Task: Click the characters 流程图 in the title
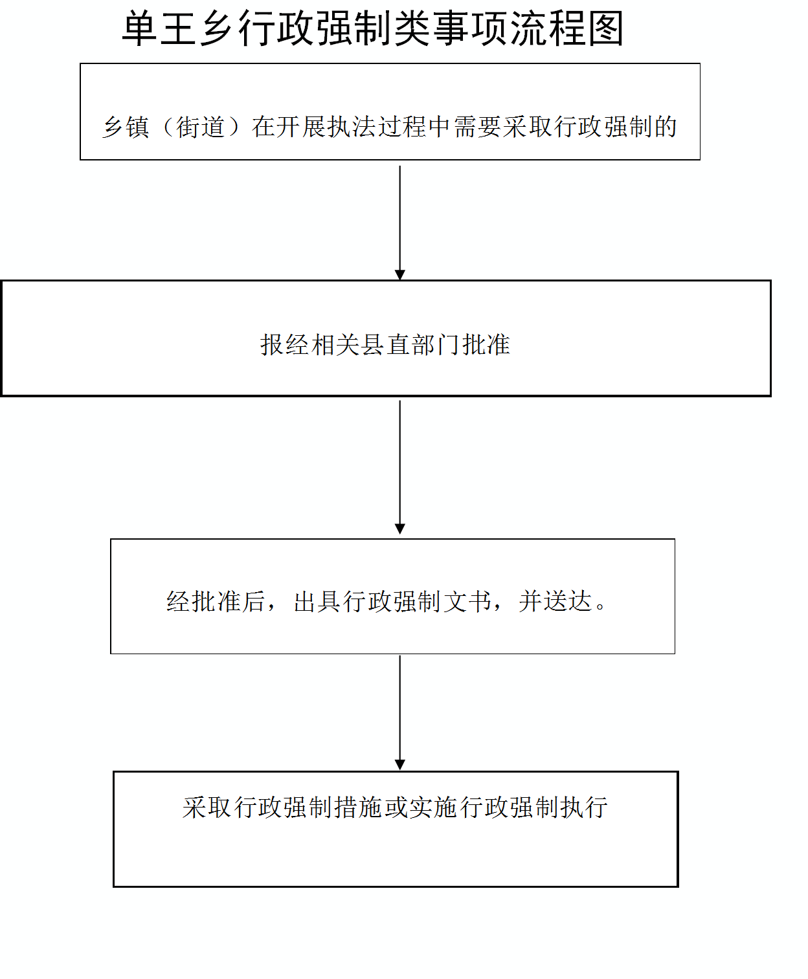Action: coord(567,29)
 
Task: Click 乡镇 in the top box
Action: coord(126,127)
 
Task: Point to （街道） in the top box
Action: coord(201,127)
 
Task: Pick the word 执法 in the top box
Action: coord(352,127)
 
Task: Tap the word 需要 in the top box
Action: coord(477,127)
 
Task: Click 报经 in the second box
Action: coord(286,345)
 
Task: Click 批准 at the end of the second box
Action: coord(486,345)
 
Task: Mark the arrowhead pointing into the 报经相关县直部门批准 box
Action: coord(399,275)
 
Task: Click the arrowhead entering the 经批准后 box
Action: coord(399,529)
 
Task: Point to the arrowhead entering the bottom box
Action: coord(399,765)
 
